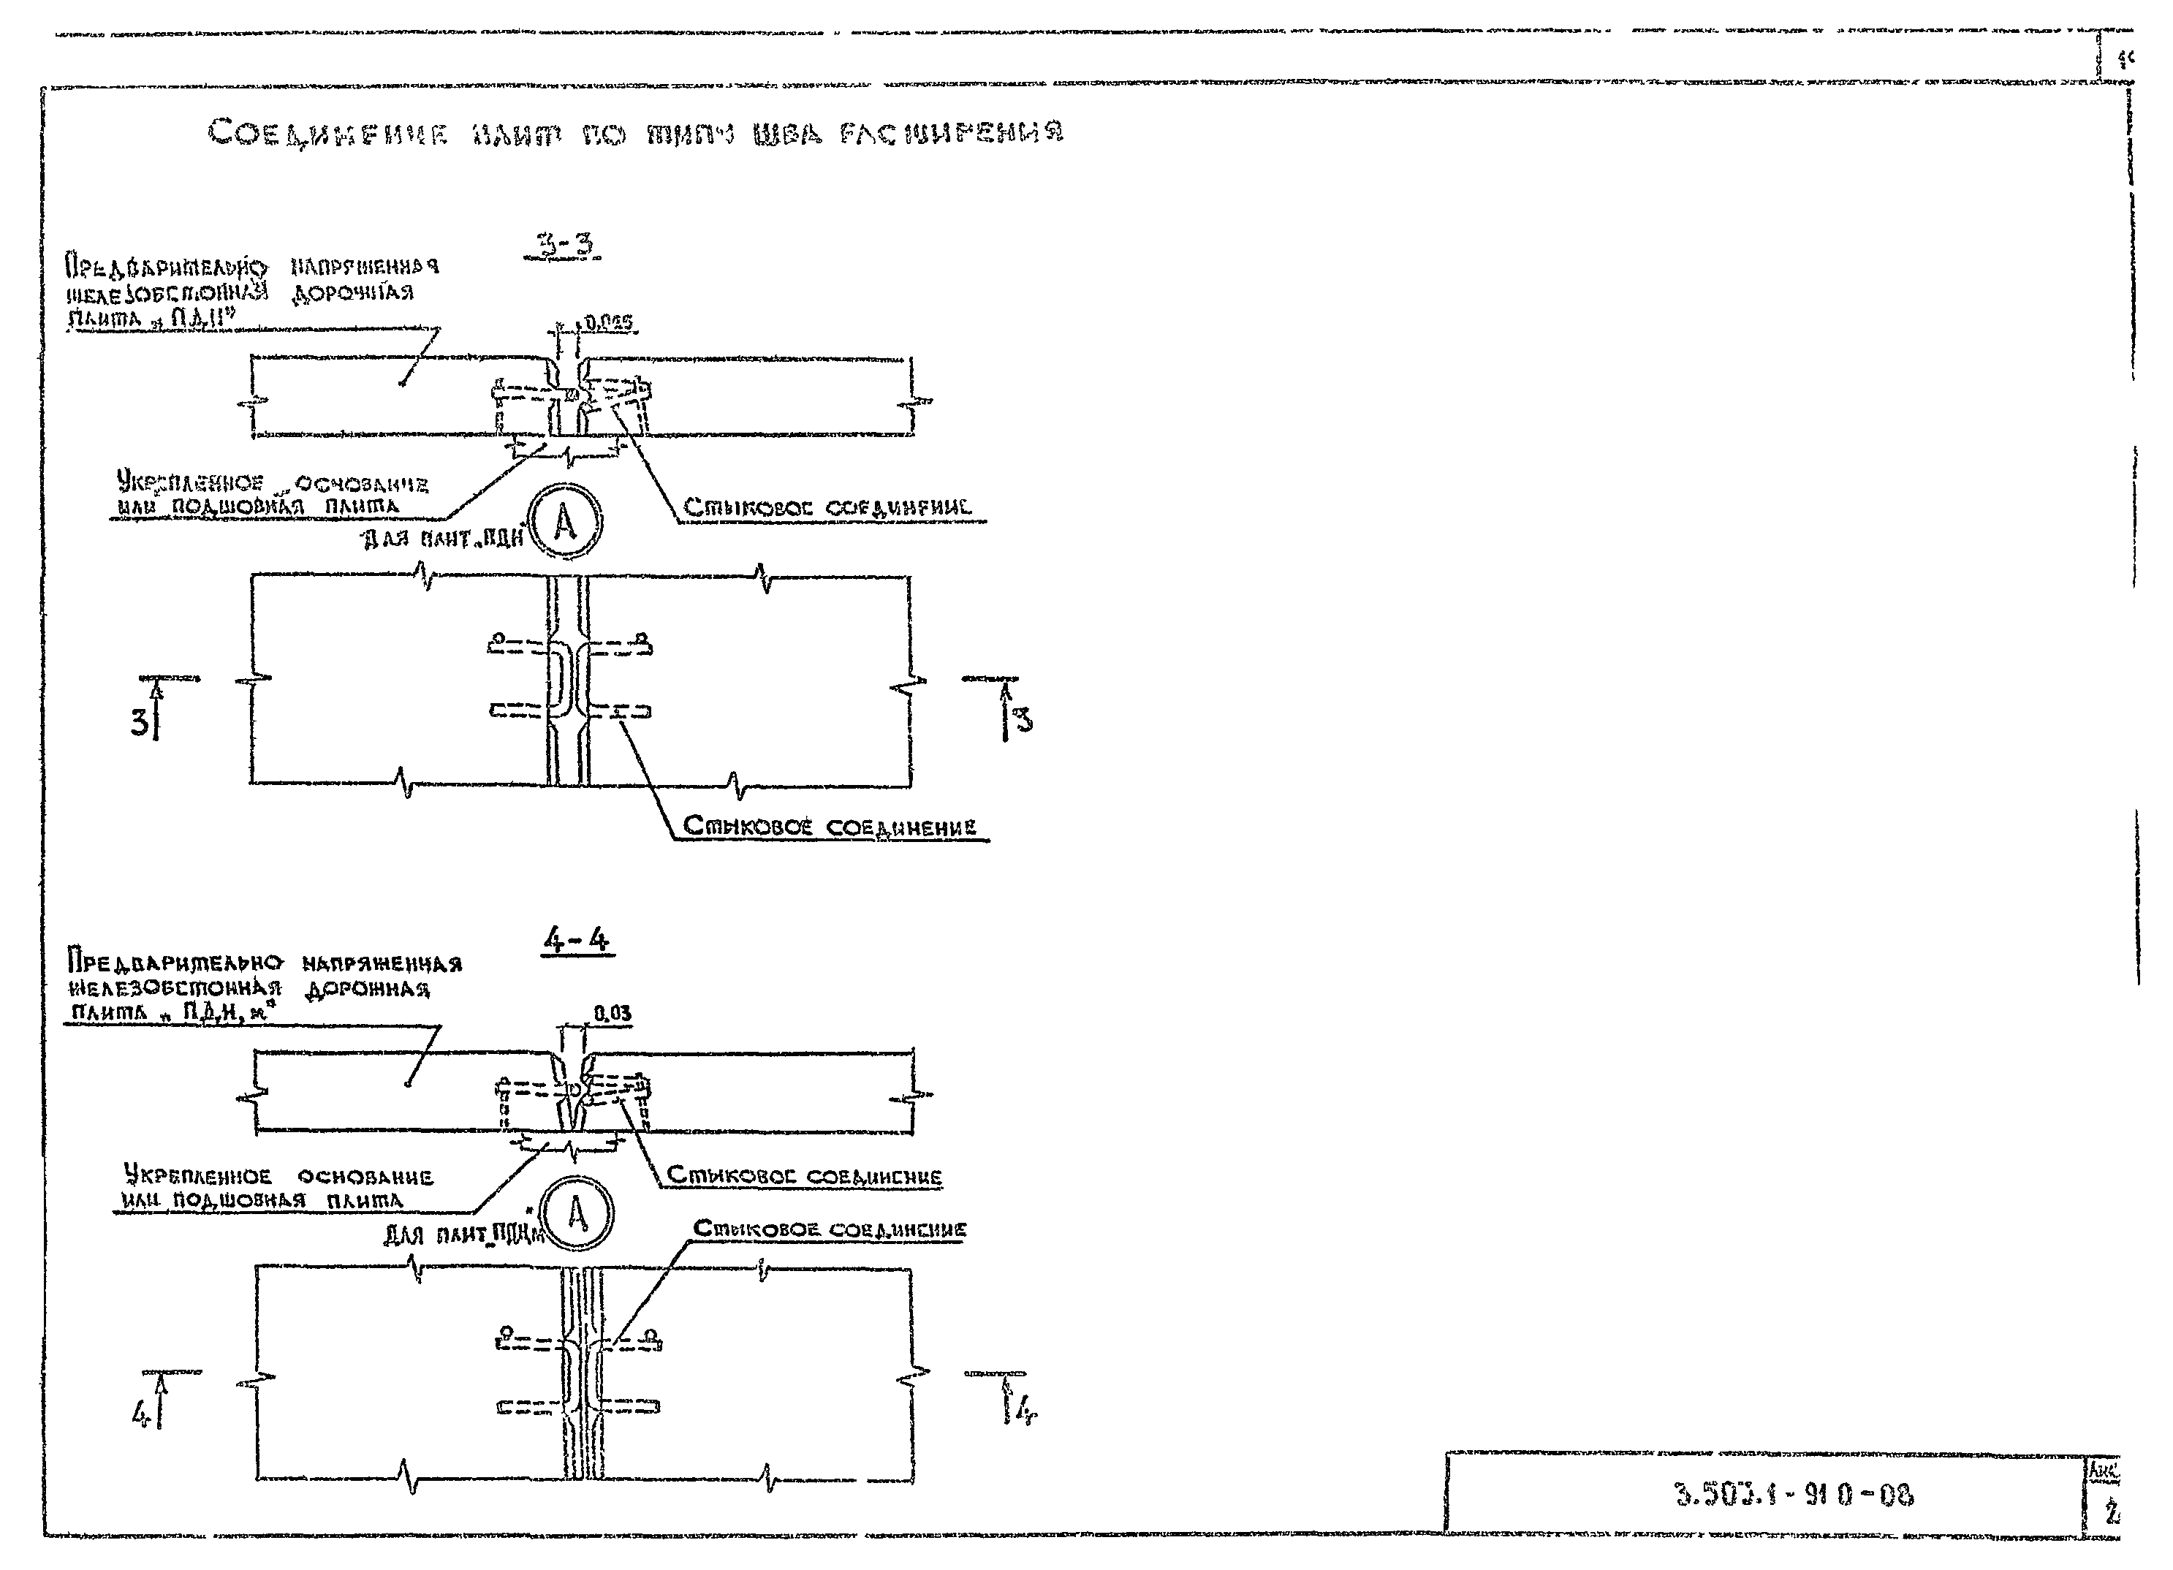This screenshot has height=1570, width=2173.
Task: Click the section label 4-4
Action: coord(576,940)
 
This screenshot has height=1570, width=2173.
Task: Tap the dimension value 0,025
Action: coord(610,324)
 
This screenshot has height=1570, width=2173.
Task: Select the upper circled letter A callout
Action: coord(565,523)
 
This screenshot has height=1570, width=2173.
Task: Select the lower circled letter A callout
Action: coord(577,1215)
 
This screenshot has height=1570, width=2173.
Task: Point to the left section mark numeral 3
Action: coord(140,722)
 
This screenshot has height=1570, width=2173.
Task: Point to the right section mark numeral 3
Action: coord(1023,719)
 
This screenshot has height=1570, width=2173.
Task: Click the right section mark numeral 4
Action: coord(1026,1410)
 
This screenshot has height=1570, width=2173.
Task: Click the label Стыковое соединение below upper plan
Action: coord(830,827)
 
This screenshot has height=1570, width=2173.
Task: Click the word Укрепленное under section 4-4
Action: coord(197,1175)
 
